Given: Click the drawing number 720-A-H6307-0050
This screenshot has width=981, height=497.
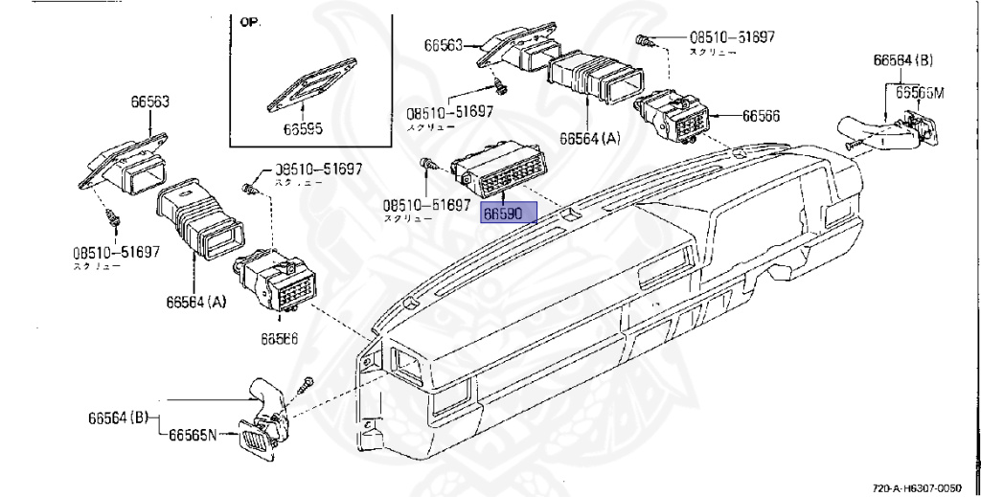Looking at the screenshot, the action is point(923,487).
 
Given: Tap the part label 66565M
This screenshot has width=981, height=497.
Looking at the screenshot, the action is point(920,93).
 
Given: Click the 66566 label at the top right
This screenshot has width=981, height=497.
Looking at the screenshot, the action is point(761,116).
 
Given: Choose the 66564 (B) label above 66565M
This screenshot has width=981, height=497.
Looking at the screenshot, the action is point(901,60).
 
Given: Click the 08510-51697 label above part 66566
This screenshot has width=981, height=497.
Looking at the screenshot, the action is point(732,37).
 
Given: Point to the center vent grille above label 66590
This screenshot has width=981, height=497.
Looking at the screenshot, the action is point(496,170).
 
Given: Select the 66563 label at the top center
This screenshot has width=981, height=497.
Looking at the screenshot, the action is point(444,45).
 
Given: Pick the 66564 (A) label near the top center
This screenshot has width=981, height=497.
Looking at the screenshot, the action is point(590,138).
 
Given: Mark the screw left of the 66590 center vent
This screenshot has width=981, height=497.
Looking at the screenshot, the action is point(429,166).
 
